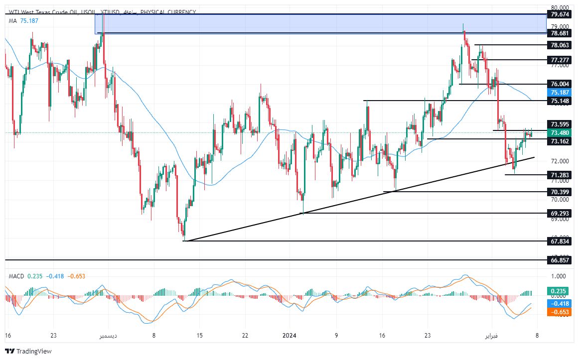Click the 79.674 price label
pyautogui.click(x=560, y=14)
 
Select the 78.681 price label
pyautogui.click(x=560, y=33)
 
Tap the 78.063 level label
pyautogui.click(x=560, y=45)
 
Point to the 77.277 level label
pyautogui.click(x=560, y=60)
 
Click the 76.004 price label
pyautogui.click(x=560, y=84)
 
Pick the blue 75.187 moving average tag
pyautogui.click(x=560, y=92)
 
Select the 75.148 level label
pyautogui.click(x=560, y=101)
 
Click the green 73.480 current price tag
pyautogui.click(x=560, y=133)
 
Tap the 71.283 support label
pyautogui.click(x=560, y=175)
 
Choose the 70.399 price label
pyautogui.click(x=560, y=192)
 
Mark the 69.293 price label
pyautogui.click(x=560, y=213)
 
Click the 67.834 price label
pyautogui.click(x=560, y=241)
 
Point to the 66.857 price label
pyautogui.click(x=560, y=260)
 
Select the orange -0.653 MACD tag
pyautogui.click(x=560, y=312)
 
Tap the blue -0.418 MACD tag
pyautogui.click(x=560, y=303)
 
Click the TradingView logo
pyautogui.click(x=28, y=351)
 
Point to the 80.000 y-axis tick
pyautogui.click(x=561, y=7)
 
